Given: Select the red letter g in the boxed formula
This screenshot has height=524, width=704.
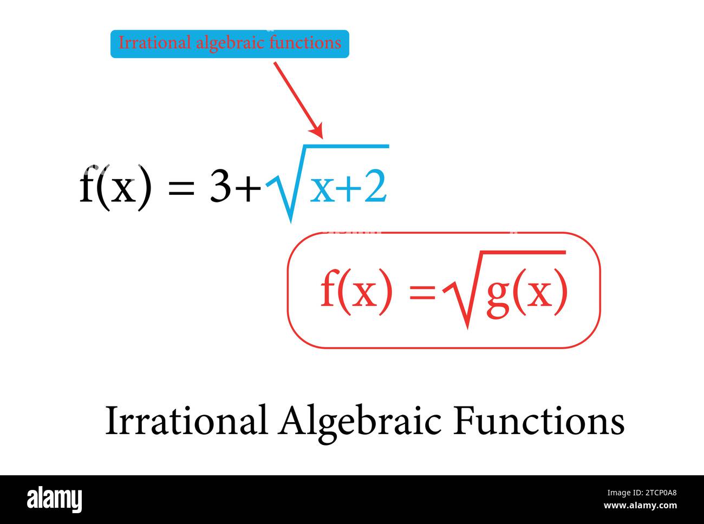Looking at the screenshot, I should pos(498,295).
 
